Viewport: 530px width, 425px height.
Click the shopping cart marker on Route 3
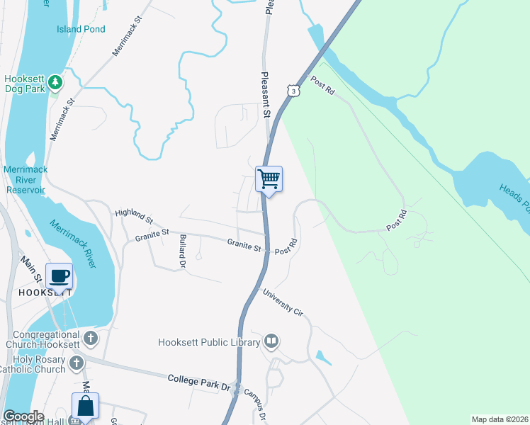tap(269, 178)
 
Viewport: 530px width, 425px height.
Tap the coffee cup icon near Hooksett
tap(59, 276)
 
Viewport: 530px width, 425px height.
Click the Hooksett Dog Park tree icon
tap(55, 83)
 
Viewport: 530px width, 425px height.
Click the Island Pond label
tap(81, 29)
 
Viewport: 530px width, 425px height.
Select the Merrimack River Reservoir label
tap(25, 180)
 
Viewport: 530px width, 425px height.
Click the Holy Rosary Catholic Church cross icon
tap(78, 363)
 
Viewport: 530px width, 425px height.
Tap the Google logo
tap(23, 416)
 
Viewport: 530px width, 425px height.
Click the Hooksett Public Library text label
tap(209, 342)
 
